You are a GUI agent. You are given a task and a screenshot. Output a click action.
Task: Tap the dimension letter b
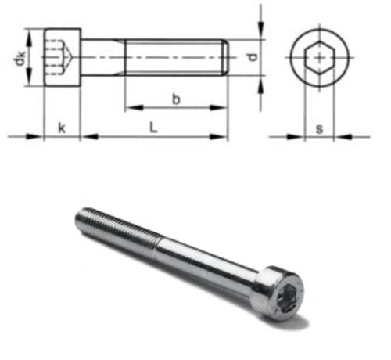(176, 99)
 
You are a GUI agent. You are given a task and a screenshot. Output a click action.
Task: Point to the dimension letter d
(249, 57)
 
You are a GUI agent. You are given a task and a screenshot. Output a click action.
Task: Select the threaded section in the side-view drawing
(176, 57)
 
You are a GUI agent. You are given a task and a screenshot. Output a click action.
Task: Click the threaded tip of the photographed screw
(82, 218)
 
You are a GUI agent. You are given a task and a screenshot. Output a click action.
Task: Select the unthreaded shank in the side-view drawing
(104, 57)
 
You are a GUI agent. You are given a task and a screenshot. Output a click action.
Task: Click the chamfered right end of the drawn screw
(226, 57)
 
